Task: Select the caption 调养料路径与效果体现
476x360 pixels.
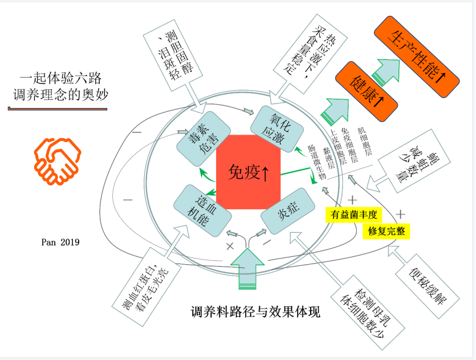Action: [x=255, y=312]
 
